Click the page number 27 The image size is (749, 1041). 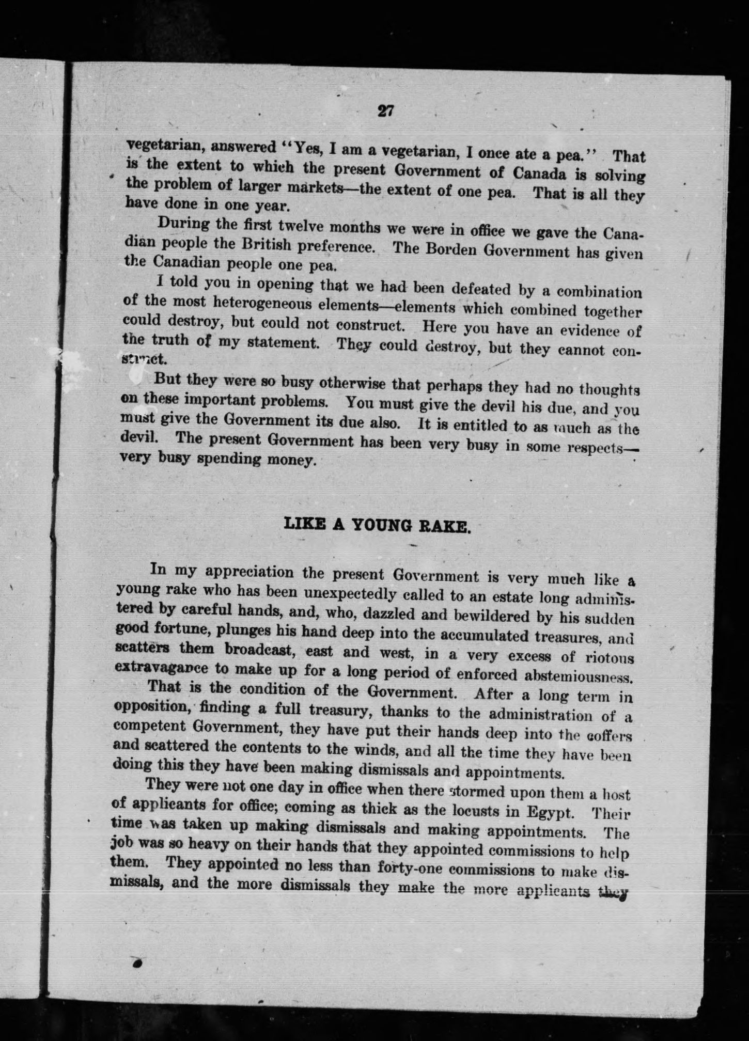pos(386,111)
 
